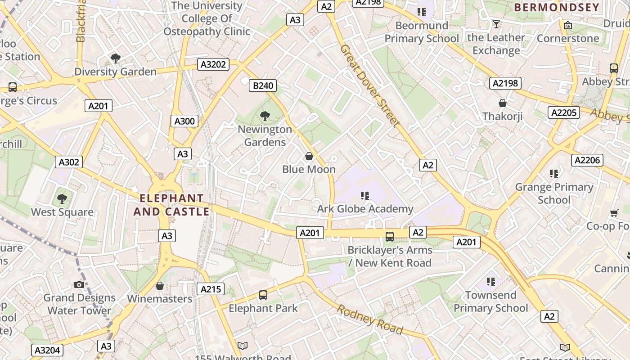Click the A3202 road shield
coord(213,65)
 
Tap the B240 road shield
coord(263,85)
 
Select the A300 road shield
coord(184,121)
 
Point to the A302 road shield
coord(69,162)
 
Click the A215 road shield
coord(210,289)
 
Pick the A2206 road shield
coord(587,160)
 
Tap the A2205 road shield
coord(563,112)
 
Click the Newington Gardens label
coord(265,135)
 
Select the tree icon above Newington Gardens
coord(265,116)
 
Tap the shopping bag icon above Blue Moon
coord(309,156)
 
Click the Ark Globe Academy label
coord(365,209)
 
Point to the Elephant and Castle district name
coord(171,205)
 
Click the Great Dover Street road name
coord(370,85)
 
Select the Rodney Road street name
coord(370,319)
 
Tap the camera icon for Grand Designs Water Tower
coord(79,284)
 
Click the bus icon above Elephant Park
coord(263,295)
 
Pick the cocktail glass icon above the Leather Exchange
coord(496,24)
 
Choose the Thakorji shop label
coord(503,117)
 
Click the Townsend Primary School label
coord(490,301)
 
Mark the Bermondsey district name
coord(557,7)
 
